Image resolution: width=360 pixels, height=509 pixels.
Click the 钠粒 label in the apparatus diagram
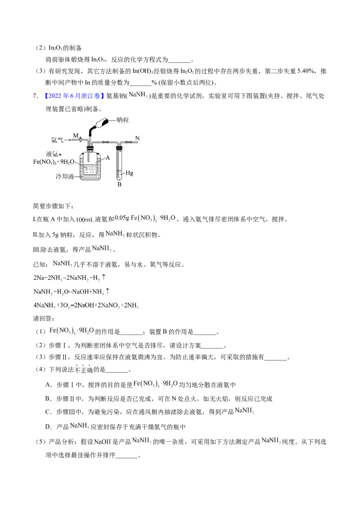click(x=123, y=120)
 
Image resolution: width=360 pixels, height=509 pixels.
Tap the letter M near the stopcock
click(x=76, y=135)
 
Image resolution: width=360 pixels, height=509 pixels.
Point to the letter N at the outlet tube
click(x=138, y=138)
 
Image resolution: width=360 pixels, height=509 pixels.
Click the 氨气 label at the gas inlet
click(x=57, y=140)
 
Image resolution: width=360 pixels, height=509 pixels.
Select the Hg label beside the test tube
click(x=130, y=172)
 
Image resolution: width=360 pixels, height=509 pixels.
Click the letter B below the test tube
click(x=119, y=184)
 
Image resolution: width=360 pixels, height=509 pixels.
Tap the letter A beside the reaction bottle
click(x=108, y=158)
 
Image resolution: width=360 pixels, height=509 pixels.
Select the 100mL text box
click(x=84, y=219)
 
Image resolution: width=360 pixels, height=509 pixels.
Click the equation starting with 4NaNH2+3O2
click(x=87, y=306)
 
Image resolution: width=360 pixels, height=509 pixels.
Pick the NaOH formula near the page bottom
click(x=102, y=442)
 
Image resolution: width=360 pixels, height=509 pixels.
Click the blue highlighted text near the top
click(x=74, y=95)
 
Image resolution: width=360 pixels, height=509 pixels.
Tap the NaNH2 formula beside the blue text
click(x=139, y=94)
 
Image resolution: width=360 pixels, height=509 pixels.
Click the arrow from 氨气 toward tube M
click(x=68, y=140)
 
